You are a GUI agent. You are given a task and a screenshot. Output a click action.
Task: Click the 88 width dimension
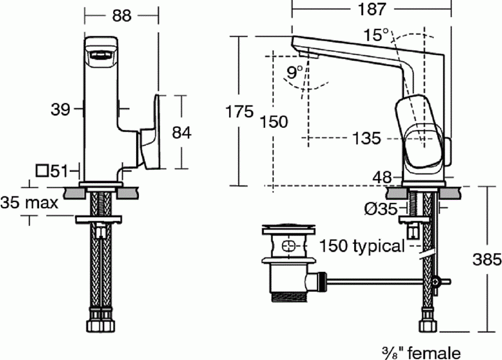coord(121,16)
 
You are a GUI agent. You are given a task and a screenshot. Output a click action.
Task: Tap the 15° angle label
coord(376,35)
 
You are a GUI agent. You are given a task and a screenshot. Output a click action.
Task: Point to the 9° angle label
coord(295,71)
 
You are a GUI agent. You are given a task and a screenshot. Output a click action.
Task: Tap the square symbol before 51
coord(42,170)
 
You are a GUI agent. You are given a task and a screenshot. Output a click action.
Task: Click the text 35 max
coord(30,202)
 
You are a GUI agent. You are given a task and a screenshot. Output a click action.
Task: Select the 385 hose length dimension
coord(487,259)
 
